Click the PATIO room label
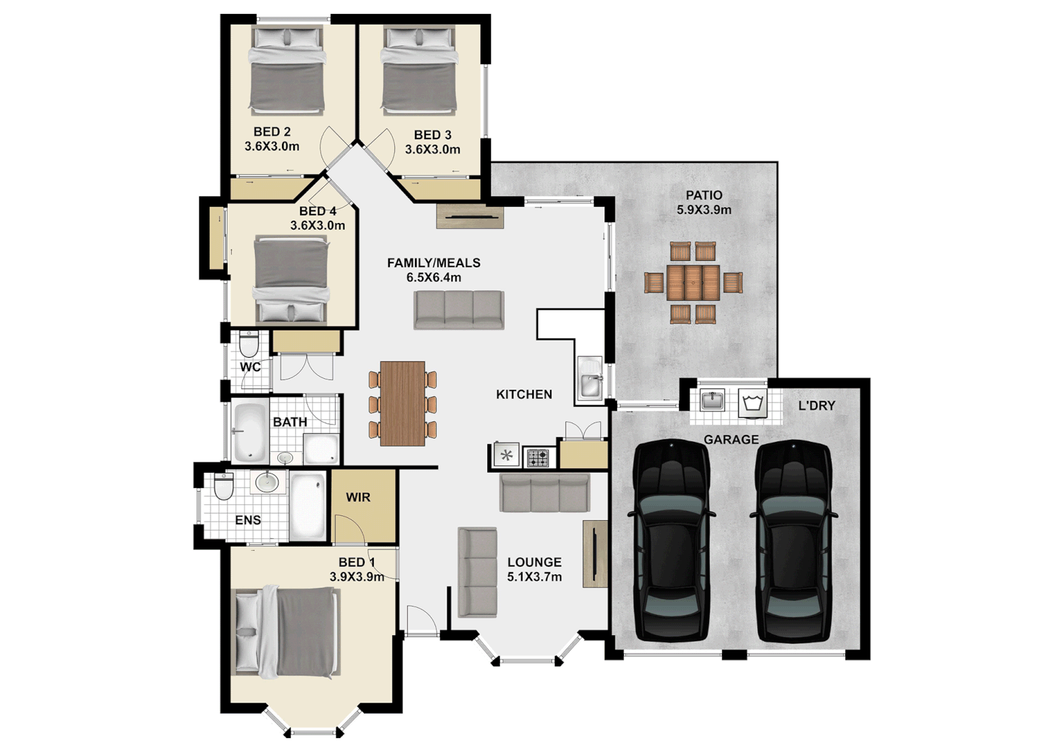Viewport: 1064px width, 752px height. pos(703,196)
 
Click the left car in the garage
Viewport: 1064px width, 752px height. pos(671,541)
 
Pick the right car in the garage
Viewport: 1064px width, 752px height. pos(793,541)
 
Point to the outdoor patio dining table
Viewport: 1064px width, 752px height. pos(693,282)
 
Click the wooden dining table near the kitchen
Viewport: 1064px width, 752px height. pos(402,403)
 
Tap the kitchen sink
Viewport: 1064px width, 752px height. pos(590,380)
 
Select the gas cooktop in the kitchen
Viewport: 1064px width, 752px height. pos(538,457)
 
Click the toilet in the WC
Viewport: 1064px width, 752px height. pos(249,344)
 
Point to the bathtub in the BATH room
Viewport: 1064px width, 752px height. pos(250,432)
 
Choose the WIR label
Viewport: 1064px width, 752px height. pos(358,497)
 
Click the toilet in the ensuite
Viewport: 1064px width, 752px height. pos(224,486)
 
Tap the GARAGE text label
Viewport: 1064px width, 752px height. pos(730,439)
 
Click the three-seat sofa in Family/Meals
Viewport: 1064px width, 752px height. pos(458,310)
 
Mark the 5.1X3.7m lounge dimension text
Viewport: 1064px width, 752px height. pos(534,577)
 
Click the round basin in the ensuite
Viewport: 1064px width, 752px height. pos(266,481)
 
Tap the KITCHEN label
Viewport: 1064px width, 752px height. pos(524,394)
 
